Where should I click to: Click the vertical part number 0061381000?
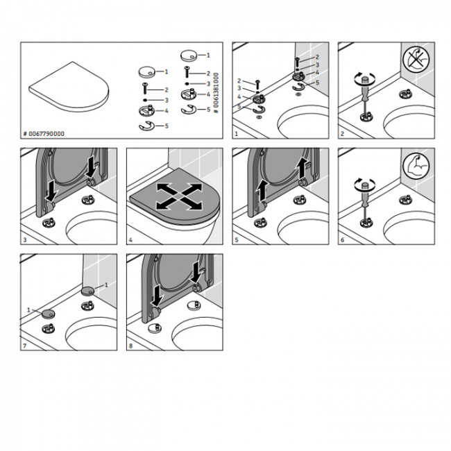pos(216,93)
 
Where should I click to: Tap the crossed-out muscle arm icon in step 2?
pos(416,60)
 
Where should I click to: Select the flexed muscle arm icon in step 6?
pos(416,166)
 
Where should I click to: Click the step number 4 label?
pos(130,239)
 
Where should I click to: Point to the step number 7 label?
pos(25,346)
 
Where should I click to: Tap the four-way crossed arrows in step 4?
pos(179,197)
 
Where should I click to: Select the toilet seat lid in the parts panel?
pos(69,87)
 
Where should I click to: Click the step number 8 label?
pos(130,346)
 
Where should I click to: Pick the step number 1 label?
pos(237,134)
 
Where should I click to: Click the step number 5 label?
pos(237,239)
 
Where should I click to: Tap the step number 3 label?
pos(25,239)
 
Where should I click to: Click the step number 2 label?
pos(342,134)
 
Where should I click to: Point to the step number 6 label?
pos(342,239)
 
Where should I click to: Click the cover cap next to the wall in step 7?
pos(87,291)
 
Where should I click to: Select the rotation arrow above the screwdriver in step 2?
pos(365,78)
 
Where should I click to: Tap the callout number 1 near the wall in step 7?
pos(106,284)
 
